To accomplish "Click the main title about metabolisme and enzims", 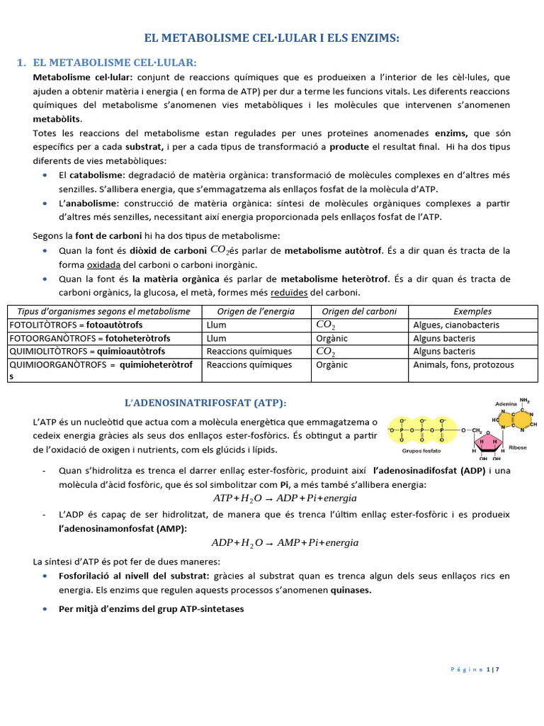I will (272, 38).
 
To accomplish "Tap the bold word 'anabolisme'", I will (98, 203).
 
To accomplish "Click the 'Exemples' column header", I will (472, 311).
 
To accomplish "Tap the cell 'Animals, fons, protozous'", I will (463, 365).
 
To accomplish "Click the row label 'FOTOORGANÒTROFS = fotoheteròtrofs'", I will (83, 338).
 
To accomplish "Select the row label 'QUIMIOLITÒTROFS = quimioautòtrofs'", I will (86, 352).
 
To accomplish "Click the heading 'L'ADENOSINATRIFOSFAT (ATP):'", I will (205, 403).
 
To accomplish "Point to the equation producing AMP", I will (285, 542).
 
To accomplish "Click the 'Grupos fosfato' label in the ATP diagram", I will (421, 449).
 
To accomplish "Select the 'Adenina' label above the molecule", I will (506, 401).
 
